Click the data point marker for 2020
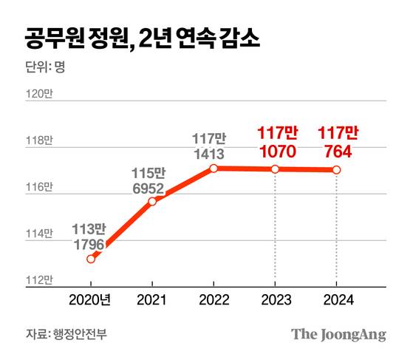tap(91, 259)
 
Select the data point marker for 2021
tap(152, 201)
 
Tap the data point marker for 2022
tap(214, 169)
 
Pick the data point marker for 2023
tap(275, 169)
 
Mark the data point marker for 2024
tap(336, 170)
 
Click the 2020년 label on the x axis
tap(90, 302)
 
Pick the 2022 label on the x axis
tap(214, 302)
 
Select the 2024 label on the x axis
tap(336, 302)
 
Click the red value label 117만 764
tap(337, 143)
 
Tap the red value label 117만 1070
tap(276, 143)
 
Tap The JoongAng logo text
tap(338, 333)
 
